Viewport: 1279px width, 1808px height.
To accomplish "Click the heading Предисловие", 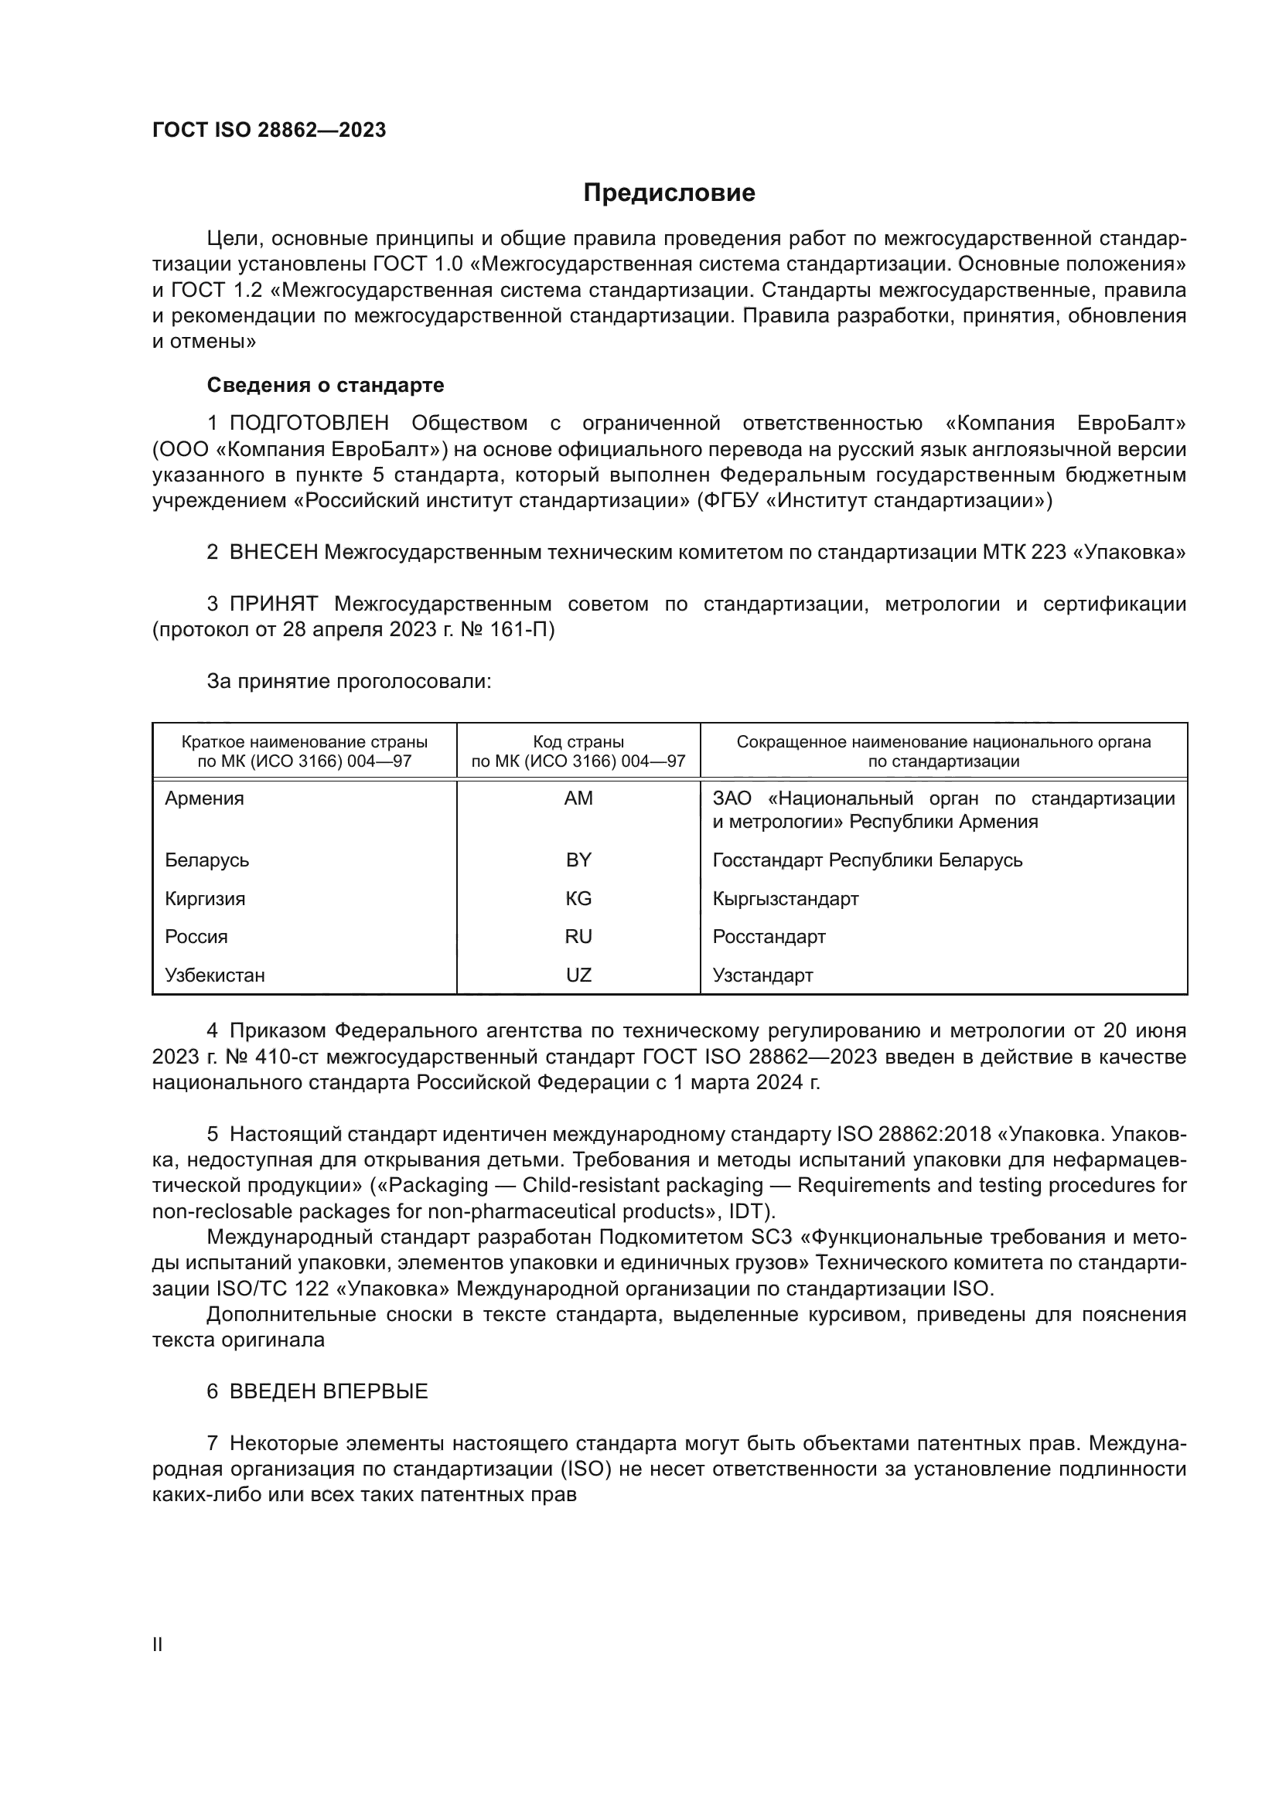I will click(x=669, y=193).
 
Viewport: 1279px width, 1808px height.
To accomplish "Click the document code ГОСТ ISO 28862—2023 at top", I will click(x=269, y=131).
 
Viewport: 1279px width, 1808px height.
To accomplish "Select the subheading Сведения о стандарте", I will click(x=326, y=385).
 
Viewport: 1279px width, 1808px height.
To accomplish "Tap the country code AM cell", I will click(x=578, y=798).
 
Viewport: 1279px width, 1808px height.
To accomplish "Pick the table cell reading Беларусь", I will click(x=207, y=860).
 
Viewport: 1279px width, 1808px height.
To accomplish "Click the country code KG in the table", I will click(x=578, y=898).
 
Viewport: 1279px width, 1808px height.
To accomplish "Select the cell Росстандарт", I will click(x=769, y=936).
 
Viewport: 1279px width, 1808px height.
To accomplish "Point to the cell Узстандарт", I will click(x=762, y=975).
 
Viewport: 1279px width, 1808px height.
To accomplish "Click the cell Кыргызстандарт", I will click(x=785, y=898).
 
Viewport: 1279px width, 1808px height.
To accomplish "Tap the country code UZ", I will click(x=578, y=975).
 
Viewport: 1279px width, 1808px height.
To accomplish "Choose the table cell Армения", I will click(x=204, y=798).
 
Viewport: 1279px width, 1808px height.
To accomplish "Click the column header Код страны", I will click(x=578, y=742).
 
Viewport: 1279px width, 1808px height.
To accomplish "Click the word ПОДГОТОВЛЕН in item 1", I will click(x=309, y=424).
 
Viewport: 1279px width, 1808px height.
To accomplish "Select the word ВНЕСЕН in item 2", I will click(x=273, y=553).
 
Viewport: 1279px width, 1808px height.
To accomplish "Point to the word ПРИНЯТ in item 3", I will click(x=273, y=604).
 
